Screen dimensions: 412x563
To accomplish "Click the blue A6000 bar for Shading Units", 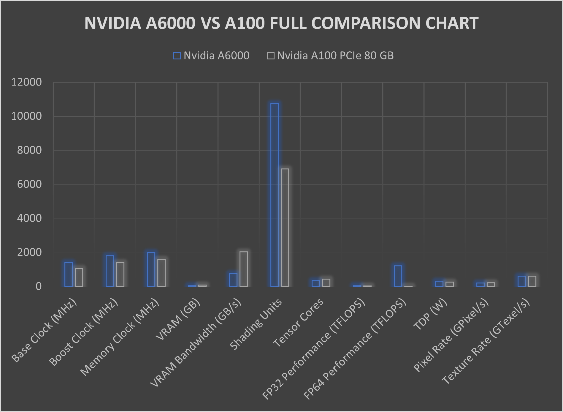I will pyautogui.click(x=275, y=195).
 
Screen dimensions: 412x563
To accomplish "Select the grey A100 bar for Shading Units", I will pyautogui.click(x=285, y=228).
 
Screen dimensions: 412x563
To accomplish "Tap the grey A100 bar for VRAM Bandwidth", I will pyautogui.click(x=244, y=269).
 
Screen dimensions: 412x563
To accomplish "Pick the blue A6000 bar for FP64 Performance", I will pyautogui.click(x=398, y=276).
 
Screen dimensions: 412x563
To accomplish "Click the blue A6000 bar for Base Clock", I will pyautogui.click(x=69, y=274).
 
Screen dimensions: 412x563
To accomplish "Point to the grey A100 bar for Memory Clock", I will pyautogui.click(x=161, y=273).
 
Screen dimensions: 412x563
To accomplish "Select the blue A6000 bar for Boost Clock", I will pyautogui.click(x=110, y=271).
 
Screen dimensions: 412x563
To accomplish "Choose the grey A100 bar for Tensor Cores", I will pyautogui.click(x=326, y=282).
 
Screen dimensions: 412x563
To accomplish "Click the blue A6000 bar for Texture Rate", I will pyautogui.click(x=522, y=281).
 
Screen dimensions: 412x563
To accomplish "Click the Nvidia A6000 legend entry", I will pyautogui.click(x=211, y=56).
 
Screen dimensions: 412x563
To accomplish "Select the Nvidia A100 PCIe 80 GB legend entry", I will pyautogui.click(x=330, y=56).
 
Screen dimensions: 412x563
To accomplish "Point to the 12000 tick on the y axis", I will pyautogui.click(x=26, y=82).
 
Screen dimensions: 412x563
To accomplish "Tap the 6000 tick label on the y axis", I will pyautogui.click(x=29, y=184).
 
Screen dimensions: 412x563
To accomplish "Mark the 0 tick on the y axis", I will pyautogui.click(x=39, y=286).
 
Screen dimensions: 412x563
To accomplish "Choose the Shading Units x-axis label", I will pyautogui.click(x=256, y=324).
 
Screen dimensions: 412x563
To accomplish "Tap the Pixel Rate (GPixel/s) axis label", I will pyautogui.click(x=451, y=335).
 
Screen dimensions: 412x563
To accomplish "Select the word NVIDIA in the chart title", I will pyautogui.click(x=112, y=23).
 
